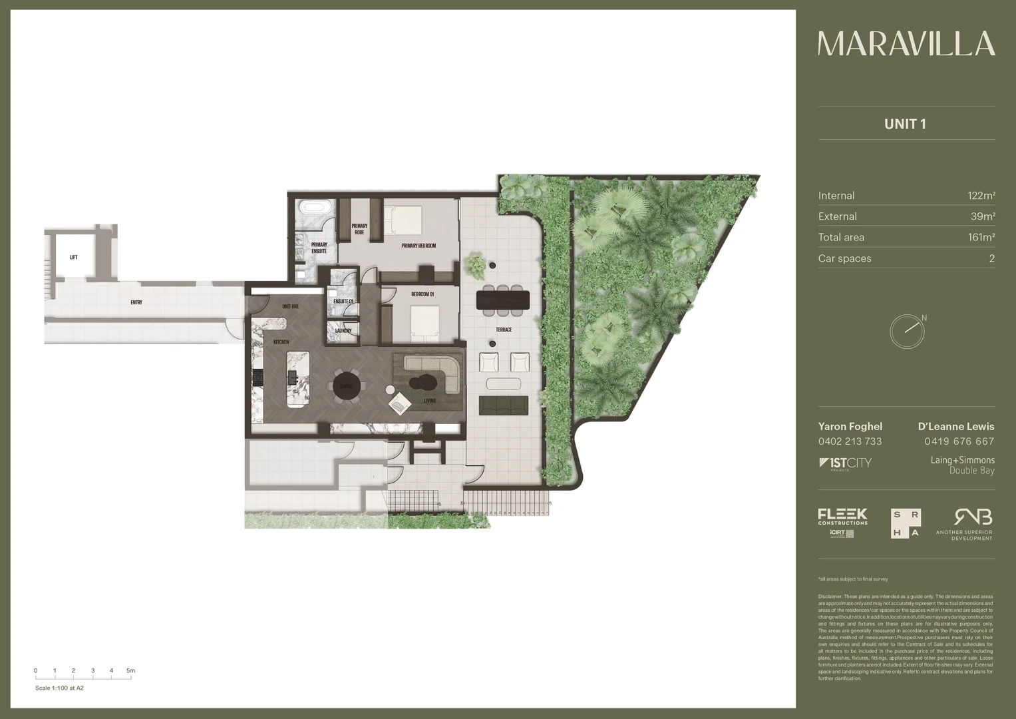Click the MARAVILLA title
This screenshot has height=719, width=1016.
pos(906,44)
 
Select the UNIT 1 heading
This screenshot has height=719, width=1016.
pos(905,124)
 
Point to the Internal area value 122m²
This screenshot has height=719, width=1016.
pos(981,196)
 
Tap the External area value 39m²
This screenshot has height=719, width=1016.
pos(982,216)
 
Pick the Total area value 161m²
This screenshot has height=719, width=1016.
pos(981,237)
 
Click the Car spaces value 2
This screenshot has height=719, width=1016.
pos(991,258)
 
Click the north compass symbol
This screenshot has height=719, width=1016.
pos(907,331)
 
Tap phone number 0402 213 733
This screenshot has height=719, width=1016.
pos(850,441)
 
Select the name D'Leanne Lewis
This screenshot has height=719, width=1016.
pos(955,427)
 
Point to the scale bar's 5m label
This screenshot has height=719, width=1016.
pos(131,670)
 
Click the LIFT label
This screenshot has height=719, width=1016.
pos(74,257)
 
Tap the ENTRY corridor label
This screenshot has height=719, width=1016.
pos(136,302)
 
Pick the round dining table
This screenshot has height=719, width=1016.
pos(348,385)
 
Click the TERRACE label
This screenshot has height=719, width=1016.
pos(504,330)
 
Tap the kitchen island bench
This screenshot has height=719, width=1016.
pos(297,379)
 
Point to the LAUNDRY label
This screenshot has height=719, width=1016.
pos(343,331)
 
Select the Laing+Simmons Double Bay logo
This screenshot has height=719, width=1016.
pos(962,465)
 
